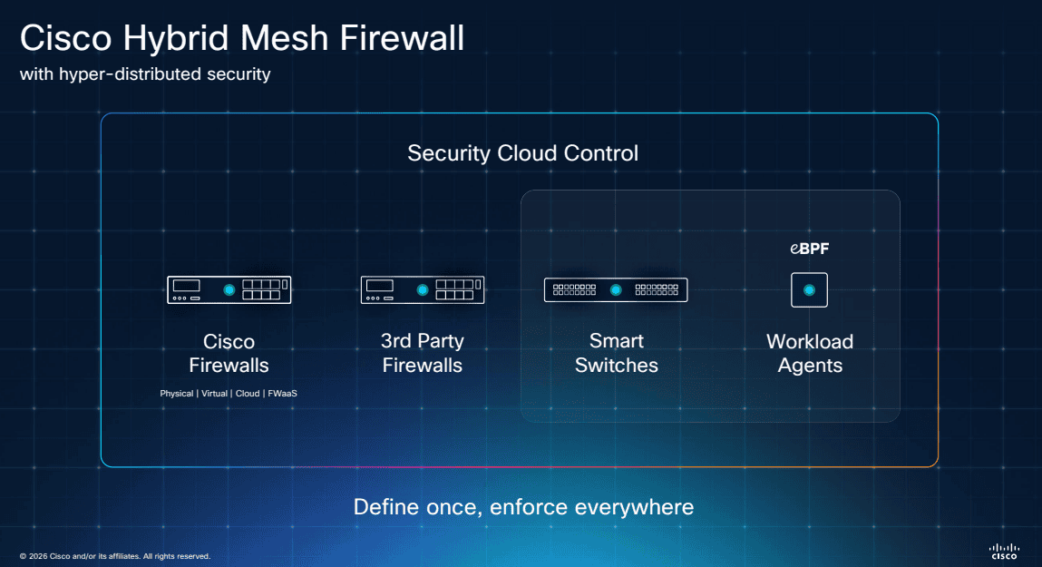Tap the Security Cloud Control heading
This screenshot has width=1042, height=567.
click(x=522, y=153)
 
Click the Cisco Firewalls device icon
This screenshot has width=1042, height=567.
click(x=229, y=289)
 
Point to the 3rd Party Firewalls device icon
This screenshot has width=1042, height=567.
click(x=422, y=289)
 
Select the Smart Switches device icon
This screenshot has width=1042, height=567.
click(x=616, y=289)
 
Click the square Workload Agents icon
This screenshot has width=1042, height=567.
click(x=809, y=289)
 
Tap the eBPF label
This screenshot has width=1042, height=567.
click(x=809, y=249)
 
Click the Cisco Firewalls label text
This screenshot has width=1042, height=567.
click(x=229, y=354)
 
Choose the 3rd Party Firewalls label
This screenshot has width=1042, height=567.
click(x=422, y=354)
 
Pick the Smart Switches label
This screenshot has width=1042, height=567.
click(x=616, y=354)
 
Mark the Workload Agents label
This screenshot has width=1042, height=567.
click(x=810, y=354)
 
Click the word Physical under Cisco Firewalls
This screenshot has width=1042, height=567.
click(x=177, y=394)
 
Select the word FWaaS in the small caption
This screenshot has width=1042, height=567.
click(x=283, y=394)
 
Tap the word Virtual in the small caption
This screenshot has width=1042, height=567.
click(x=214, y=394)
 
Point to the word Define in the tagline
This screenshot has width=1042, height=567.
click(x=385, y=506)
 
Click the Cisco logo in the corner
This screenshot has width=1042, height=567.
click(x=1004, y=552)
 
